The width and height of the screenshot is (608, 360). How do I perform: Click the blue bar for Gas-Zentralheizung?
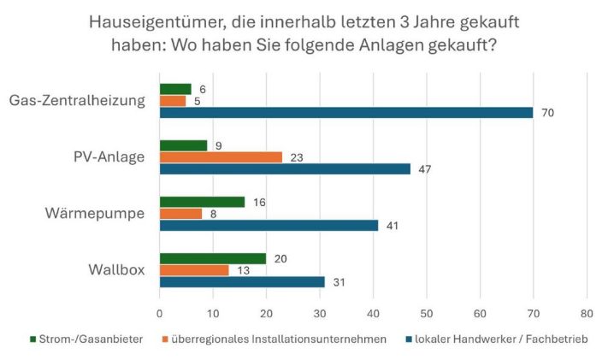pyautogui.click(x=345, y=112)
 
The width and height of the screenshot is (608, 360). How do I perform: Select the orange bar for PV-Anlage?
pyautogui.click(x=221, y=157)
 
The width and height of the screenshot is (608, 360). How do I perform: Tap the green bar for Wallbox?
pyautogui.click(x=213, y=259)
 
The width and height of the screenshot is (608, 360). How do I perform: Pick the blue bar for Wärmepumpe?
pyautogui.click(x=269, y=226)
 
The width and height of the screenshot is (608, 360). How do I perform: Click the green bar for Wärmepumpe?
pyautogui.click(x=202, y=202)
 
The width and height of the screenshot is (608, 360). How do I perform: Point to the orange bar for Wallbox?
pyautogui.click(x=194, y=270)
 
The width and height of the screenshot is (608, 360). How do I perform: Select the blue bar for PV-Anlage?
pyautogui.click(x=285, y=168)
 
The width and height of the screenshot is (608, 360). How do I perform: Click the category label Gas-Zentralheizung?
pyautogui.click(x=76, y=101)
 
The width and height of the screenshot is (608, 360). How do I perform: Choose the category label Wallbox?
pyautogui.click(x=117, y=270)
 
